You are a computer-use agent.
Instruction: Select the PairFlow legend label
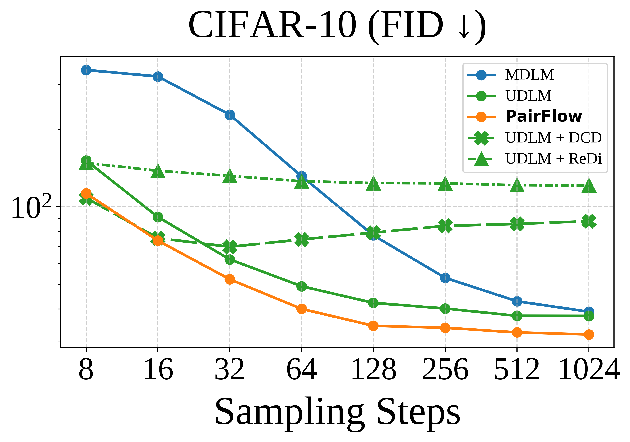(x=543, y=117)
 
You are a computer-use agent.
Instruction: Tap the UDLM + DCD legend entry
(x=553, y=138)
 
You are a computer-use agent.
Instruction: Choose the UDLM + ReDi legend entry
(x=553, y=159)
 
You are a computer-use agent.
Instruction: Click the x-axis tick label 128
(x=373, y=370)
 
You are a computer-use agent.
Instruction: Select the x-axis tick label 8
(x=86, y=370)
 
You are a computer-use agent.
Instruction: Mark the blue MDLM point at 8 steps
(x=86, y=70)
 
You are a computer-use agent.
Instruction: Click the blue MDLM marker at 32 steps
(x=230, y=115)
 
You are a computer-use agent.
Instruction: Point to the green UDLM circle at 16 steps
(x=158, y=217)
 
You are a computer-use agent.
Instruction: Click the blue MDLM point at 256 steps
(x=445, y=278)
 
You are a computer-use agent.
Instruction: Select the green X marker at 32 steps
(x=230, y=247)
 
